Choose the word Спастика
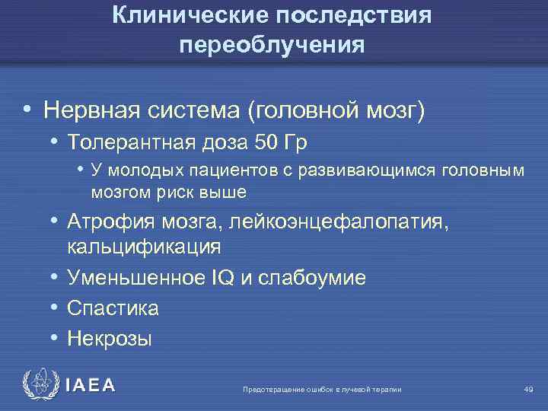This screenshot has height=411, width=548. [113, 308]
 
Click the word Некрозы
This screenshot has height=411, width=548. [110, 338]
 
